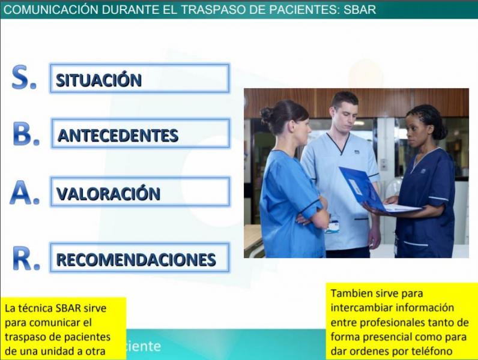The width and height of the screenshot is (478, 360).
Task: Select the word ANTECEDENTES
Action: pyautogui.click(x=118, y=135)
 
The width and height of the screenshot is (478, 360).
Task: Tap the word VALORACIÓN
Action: pyautogui.click(x=109, y=193)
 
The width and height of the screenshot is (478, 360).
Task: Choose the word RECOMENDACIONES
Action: pyautogui.click(x=136, y=259)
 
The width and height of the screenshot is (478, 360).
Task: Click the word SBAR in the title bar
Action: pyautogui.click(x=360, y=10)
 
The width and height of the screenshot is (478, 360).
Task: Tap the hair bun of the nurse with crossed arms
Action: pyautogui.click(x=267, y=115)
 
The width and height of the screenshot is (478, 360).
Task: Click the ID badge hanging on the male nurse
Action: pyautogui.click(x=332, y=227)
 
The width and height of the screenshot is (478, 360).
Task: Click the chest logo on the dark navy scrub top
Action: pyautogui.click(x=423, y=171)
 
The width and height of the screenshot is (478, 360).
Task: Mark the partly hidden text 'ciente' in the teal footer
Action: pyautogui.click(x=144, y=346)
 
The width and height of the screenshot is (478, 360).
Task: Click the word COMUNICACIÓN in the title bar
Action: pyautogui.click(x=51, y=10)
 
